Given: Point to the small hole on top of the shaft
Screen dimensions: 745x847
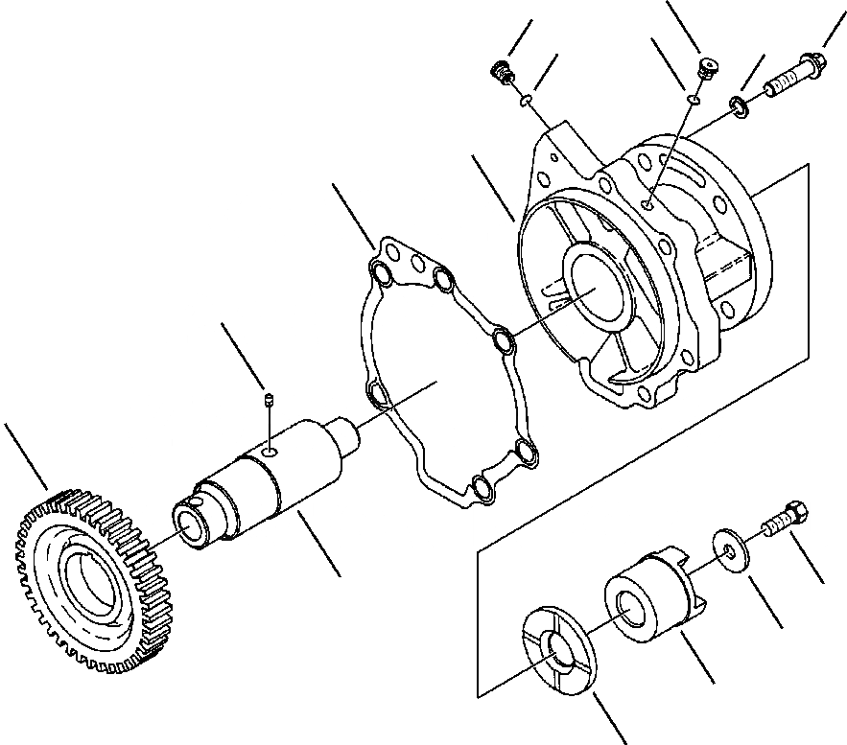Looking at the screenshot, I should (x=271, y=447).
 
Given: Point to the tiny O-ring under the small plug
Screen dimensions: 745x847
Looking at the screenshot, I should (x=693, y=97).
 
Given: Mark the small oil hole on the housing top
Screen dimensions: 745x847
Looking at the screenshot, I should (x=649, y=203).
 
